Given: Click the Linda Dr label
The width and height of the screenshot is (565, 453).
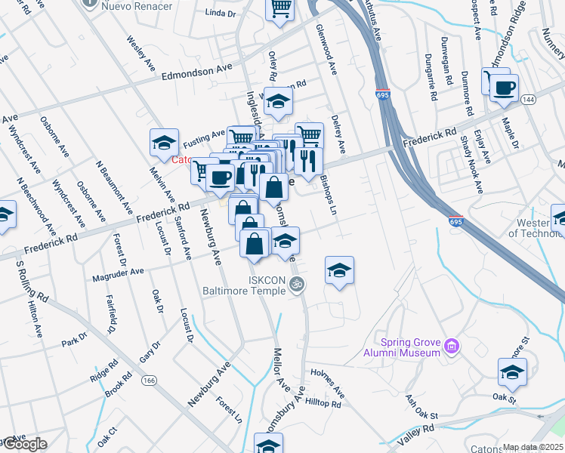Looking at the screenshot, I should tap(221, 13).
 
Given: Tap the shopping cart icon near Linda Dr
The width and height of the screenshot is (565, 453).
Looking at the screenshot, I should tap(280, 11).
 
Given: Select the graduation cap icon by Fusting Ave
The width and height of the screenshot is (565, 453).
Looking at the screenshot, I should tap(164, 143).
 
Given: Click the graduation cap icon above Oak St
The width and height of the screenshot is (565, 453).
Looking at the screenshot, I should tap(512, 372).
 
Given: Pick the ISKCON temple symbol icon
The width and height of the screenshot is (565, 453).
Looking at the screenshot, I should tap(298, 285).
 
